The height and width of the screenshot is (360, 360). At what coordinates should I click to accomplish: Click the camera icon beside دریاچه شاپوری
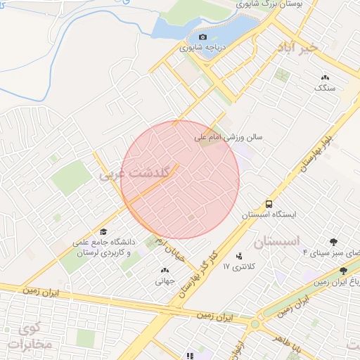click(203, 37)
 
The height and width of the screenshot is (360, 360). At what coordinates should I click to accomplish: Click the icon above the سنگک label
click(325, 77)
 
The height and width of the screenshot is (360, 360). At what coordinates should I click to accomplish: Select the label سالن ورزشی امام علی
click(229, 138)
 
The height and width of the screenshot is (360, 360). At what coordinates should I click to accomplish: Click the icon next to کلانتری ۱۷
click(240, 256)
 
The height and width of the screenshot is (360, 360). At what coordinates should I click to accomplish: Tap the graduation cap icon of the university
click(103, 232)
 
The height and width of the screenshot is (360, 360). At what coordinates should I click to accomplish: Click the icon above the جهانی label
click(165, 269)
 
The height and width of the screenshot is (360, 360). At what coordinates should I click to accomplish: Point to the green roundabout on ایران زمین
click(255, 325)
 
